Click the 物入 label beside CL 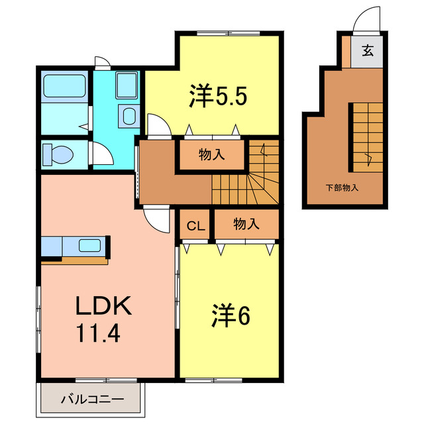246,225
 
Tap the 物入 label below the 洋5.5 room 212,156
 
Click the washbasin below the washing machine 128,117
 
